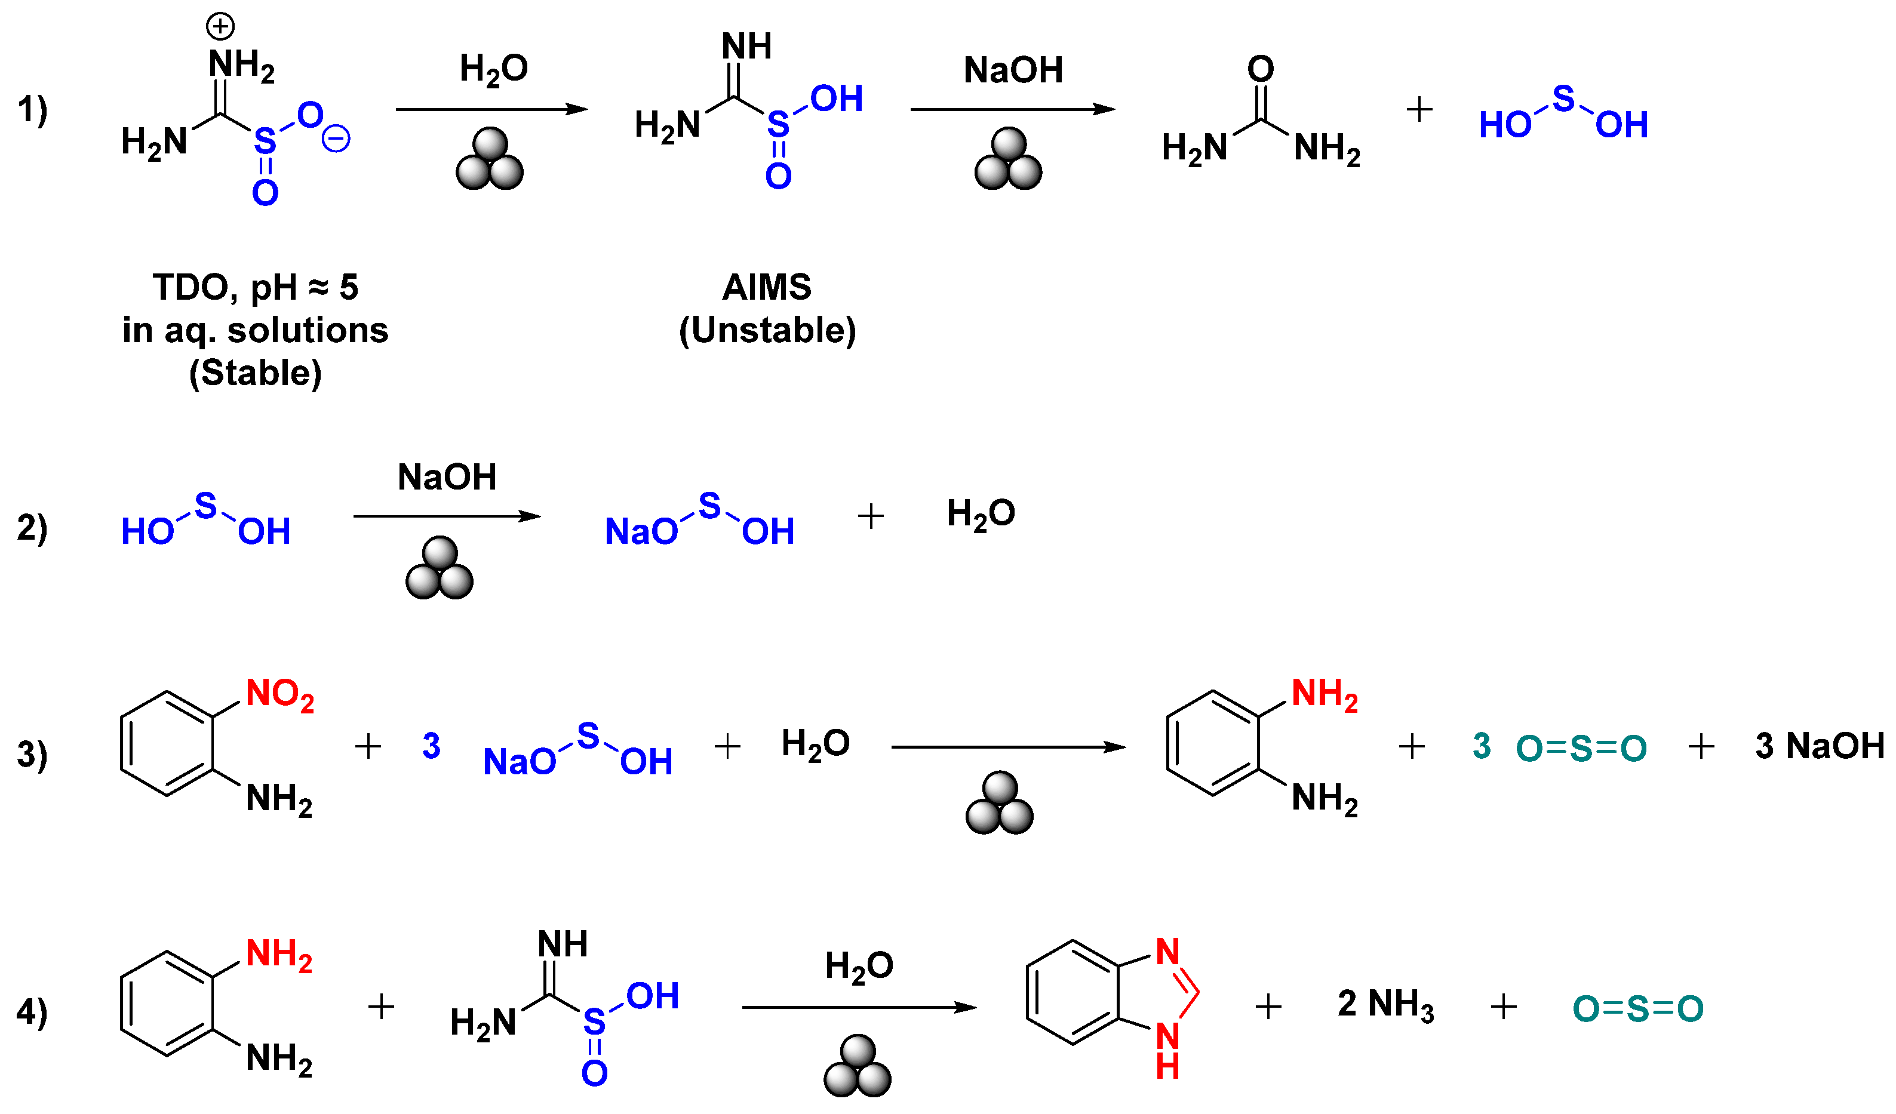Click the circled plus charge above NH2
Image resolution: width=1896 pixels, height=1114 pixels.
coord(220,27)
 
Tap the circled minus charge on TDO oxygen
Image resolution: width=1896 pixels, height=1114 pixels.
coord(336,139)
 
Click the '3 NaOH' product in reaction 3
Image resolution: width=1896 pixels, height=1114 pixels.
coord(1818,746)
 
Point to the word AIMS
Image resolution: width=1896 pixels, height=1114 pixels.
coord(767,287)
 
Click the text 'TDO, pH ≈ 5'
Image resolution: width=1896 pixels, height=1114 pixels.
coord(255,287)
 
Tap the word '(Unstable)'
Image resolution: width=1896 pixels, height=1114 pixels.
coord(767,330)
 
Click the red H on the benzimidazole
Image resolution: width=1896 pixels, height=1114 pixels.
coord(1167,1067)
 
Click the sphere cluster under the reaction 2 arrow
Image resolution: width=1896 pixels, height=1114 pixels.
coord(440,569)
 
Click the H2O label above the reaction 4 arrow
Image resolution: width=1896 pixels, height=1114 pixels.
coord(859,966)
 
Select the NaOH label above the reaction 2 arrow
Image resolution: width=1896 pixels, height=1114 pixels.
coord(447,477)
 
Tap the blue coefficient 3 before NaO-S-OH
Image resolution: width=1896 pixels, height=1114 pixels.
coord(431,746)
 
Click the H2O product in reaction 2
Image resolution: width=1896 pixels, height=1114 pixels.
coord(981,515)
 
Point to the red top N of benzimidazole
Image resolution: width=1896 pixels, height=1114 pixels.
coord(1167,952)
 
